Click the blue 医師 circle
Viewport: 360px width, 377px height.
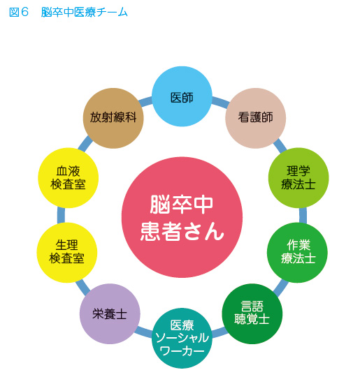[x=182, y=96]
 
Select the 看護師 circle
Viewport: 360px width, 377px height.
[x=255, y=118]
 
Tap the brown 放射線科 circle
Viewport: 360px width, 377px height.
[x=113, y=118]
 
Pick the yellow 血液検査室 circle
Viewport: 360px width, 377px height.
[x=69, y=178]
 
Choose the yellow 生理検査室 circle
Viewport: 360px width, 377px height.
[x=67, y=253]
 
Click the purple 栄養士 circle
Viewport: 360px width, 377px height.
[x=110, y=313]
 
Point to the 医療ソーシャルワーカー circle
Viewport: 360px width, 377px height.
[x=182, y=338]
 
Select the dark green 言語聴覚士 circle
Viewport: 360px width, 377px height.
[x=252, y=313]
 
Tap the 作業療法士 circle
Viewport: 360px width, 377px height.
[x=297, y=253]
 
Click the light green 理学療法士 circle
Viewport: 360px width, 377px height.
[x=298, y=178]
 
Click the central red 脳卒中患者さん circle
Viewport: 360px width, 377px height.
[x=182, y=217]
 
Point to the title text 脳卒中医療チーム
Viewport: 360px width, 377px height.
[x=85, y=12]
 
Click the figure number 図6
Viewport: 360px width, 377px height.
[x=19, y=12]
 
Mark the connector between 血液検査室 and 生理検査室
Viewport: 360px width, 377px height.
[x=61, y=215]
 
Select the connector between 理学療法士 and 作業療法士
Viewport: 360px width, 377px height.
[x=303, y=215]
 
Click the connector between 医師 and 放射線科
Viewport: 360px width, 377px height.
[x=145, y=101]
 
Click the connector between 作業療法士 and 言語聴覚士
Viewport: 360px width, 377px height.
[x=281, y=288]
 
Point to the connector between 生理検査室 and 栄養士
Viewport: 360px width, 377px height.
[x=82, y=287]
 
